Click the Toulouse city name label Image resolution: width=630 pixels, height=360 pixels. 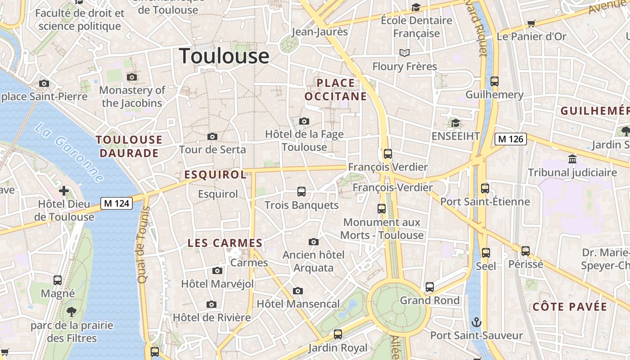[224, 56]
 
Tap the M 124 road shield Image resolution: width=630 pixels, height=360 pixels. [116, 203]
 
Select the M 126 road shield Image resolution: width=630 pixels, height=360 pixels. [510, 139]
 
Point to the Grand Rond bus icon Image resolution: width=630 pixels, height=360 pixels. [430, 287]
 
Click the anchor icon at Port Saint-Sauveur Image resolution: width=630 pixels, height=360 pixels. [476, 322]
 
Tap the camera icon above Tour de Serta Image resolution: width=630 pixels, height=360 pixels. [212, 136]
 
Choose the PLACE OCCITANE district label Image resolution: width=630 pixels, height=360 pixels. [336, 90]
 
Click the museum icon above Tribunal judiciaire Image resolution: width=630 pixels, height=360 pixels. [572, 159]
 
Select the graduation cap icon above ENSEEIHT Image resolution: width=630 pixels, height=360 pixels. [455, 123]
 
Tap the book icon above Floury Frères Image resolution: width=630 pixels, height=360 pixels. [405, 53]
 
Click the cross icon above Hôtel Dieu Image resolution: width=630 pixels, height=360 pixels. [64, 191]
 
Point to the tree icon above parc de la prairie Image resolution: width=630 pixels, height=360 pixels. [72, 311]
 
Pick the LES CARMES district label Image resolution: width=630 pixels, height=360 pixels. [225, 243]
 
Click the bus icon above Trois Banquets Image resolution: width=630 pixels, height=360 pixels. [301, 192]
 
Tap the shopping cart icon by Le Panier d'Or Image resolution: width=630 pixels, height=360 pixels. [531, 23]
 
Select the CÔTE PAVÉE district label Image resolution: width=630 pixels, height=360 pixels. [570, 307]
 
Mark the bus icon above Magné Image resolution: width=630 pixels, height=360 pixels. [58, 280]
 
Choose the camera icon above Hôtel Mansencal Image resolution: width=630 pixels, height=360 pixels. [298, 291]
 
